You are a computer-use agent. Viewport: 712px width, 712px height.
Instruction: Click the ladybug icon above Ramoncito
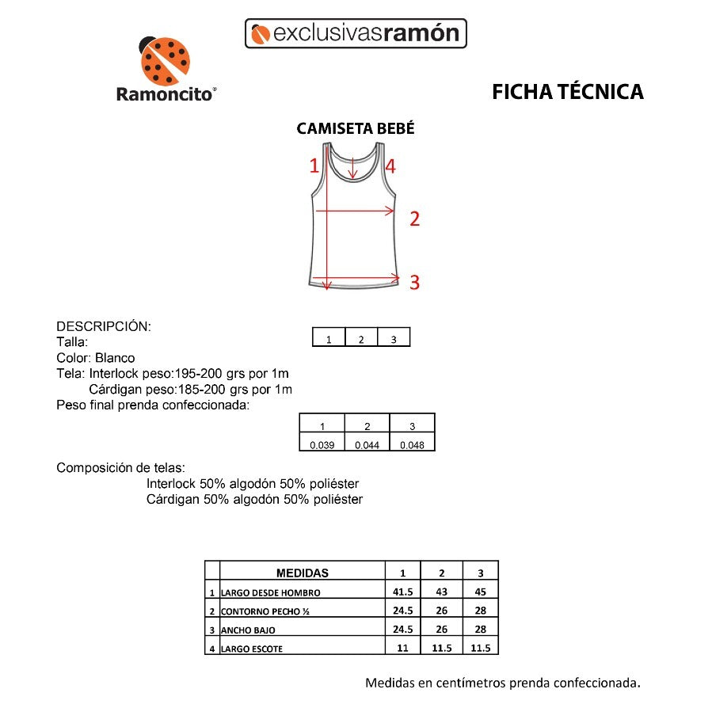point(165,60)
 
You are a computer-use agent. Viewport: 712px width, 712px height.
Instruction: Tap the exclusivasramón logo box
point(356,33)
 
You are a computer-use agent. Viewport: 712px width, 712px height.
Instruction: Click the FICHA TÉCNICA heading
point(567,92)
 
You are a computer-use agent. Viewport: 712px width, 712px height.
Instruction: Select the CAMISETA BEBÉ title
point(355,129)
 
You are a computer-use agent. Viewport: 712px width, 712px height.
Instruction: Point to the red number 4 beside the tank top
point(390,166)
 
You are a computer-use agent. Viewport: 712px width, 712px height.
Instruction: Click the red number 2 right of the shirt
point(413,219)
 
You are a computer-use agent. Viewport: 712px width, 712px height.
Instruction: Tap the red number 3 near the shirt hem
point(413,282)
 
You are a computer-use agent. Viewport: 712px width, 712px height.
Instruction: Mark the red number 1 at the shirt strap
point(314,166)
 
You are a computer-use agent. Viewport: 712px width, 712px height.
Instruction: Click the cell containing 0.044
point(367,445)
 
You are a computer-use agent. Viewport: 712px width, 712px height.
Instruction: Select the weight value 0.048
point(412,445)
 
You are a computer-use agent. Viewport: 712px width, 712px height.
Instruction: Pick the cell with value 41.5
point(403,592)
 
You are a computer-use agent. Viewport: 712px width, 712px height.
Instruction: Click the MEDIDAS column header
point(302,573)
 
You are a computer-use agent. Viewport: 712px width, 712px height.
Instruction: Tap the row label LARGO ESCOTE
point(252,649)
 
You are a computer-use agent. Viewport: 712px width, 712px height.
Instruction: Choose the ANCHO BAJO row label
point(248,630)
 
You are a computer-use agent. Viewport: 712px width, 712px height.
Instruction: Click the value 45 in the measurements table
point(480,592)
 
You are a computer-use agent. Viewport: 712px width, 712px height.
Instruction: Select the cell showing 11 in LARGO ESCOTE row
point(403,648)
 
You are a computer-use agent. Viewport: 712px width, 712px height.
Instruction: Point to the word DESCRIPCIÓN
point(104,326)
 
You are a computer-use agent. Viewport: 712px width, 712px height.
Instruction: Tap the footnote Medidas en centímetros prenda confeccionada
point(502,683)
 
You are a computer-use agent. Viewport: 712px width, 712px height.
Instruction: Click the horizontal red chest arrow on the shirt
point(355,211)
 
